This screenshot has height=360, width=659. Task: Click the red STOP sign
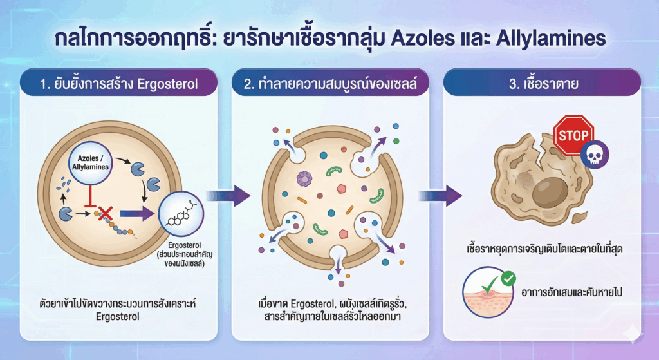573,135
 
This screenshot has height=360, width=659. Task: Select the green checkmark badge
508,279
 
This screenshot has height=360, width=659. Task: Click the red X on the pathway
104,214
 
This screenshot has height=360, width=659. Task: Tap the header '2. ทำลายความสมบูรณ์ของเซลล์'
330,83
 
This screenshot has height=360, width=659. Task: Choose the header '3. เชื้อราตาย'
542,83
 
